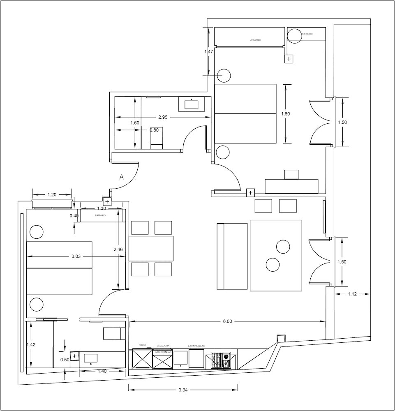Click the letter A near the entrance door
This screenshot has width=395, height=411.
point(122,177)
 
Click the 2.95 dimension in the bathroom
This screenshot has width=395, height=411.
point(162,117)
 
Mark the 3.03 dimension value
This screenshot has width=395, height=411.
point(76,256)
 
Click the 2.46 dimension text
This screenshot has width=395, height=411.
point(118,249)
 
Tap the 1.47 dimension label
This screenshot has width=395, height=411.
point(210,52)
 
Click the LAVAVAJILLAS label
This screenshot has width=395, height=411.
point(196,346)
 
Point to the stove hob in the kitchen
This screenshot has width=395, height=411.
point(221,360)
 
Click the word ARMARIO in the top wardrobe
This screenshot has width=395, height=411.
point(256,40)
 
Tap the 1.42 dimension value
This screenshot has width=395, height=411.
point(31,345)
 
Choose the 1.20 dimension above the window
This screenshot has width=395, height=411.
point(52,194)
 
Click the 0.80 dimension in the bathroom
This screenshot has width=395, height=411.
point(154,130)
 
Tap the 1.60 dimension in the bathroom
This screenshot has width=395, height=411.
point(135,123)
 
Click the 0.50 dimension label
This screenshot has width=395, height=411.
point(64,360)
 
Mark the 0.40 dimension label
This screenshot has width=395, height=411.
point(74,216)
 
